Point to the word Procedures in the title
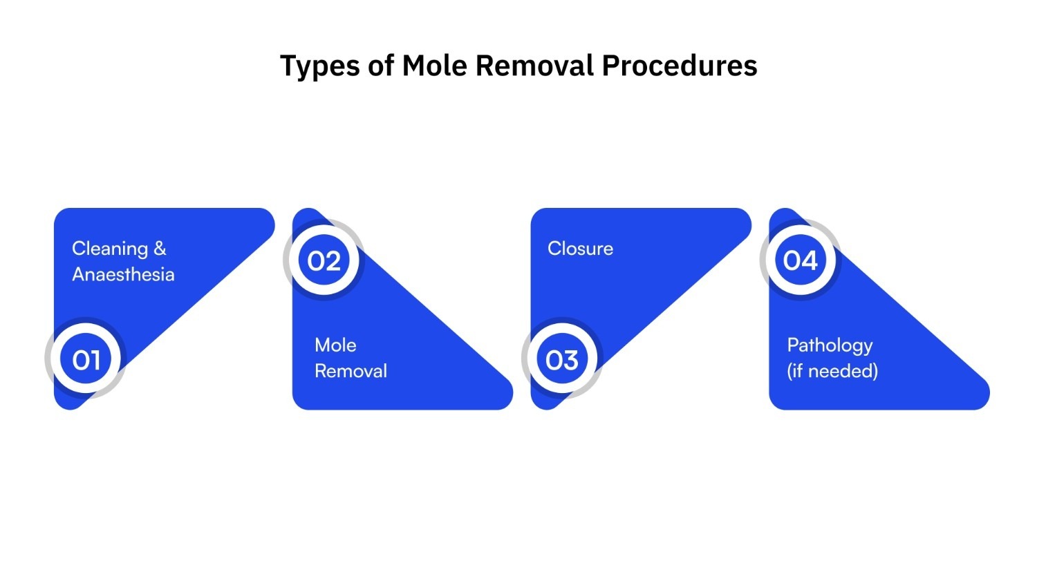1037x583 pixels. [680, 66]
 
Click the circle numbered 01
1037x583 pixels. [86, 359]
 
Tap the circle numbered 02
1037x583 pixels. [324, 260]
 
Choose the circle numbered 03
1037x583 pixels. [562, 359]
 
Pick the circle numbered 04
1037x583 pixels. [801, 260]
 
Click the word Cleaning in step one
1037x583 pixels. [110, 249]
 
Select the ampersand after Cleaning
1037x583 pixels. [160, 248]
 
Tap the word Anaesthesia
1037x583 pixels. [123, 274]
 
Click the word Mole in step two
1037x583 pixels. [335, 345]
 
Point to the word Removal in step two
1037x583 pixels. [351, 371]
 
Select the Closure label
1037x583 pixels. [580, 249]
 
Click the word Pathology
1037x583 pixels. [830, 345]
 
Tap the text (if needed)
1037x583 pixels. [832, 371]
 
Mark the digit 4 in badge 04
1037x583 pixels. [809, 260]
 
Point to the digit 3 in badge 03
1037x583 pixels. [570, 360]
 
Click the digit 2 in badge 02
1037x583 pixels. [333, 261]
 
